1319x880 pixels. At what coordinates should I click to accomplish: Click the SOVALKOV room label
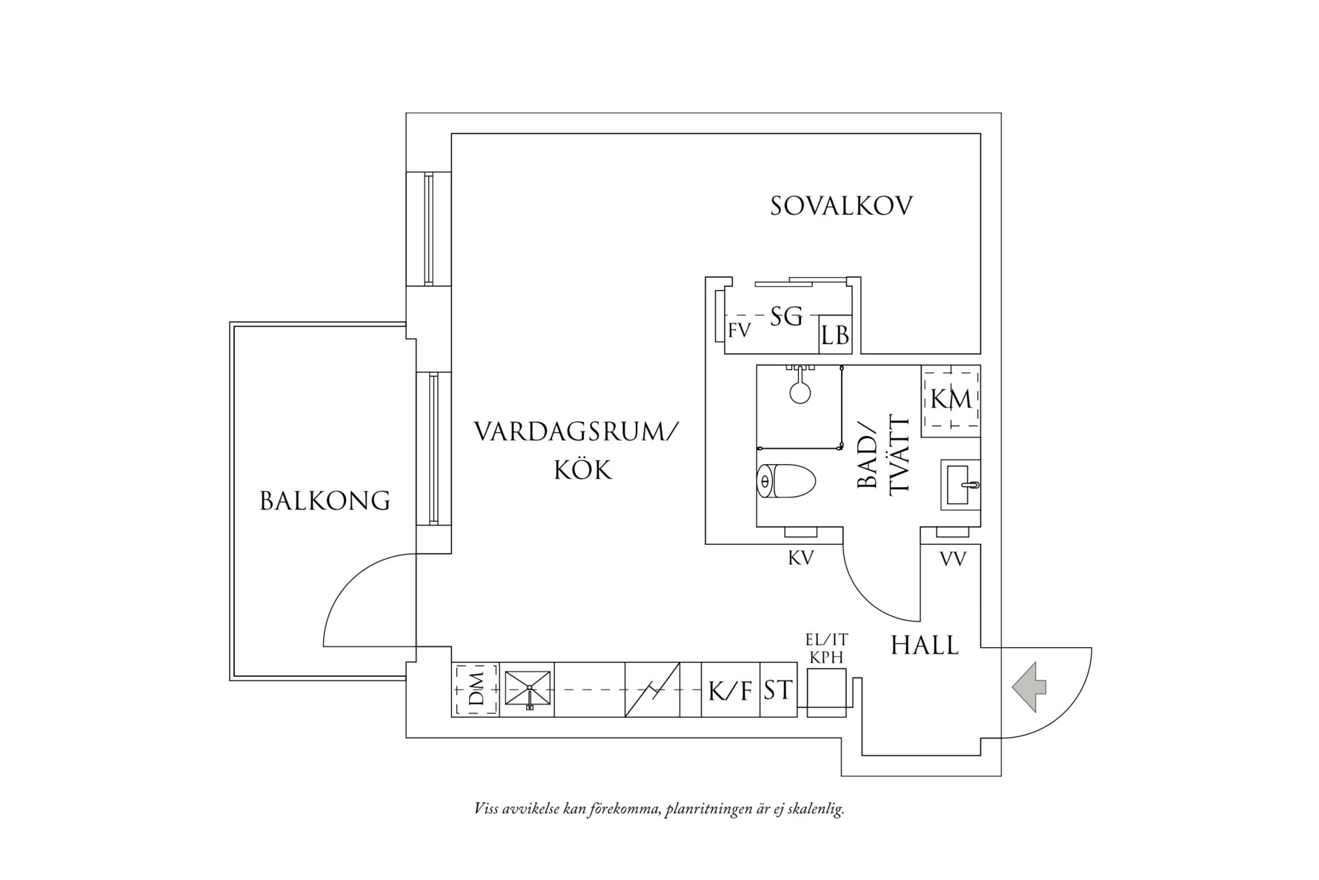pyautogui.click(x=841, y=206)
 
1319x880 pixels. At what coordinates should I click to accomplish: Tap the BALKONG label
pyautogui.click(x=325, y=501)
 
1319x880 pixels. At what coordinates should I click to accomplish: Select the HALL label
pyautogui.click(x=925, y=645)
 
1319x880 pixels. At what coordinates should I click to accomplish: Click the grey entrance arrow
pyautogui.click(x=1029, y=687)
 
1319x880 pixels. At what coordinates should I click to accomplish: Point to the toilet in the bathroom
pyautogui.click(x=785, y=482)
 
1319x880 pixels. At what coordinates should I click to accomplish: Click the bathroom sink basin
pyautogui.click(x=960, y=484)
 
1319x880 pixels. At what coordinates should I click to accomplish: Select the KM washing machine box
pyautogui.click(x=951, y=400)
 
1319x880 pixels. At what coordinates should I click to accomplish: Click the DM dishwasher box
pyautogui.click(x=476, y=689)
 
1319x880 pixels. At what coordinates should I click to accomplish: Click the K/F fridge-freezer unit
pyautogui.click(x=731, y=689)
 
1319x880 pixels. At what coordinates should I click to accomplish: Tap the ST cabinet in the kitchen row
pyautogui.click(x=778, y=689)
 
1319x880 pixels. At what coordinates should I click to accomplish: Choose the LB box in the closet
pyautogui.click(x=835, y=336)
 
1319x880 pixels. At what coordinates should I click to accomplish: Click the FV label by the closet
pyautogui.click(x=739, y=331)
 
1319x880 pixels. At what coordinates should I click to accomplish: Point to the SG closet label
pyautogui.click(x=786, y=317)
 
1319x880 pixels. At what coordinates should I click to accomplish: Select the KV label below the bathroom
pyautogui.click(x=801, y=558)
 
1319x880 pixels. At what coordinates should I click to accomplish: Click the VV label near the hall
pyautogui.click(x=953, y=559)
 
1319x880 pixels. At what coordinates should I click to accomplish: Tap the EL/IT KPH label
pyautogui.click(x=826, y=647)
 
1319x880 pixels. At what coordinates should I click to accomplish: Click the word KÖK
pyautogui.click(x=583, y=470)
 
